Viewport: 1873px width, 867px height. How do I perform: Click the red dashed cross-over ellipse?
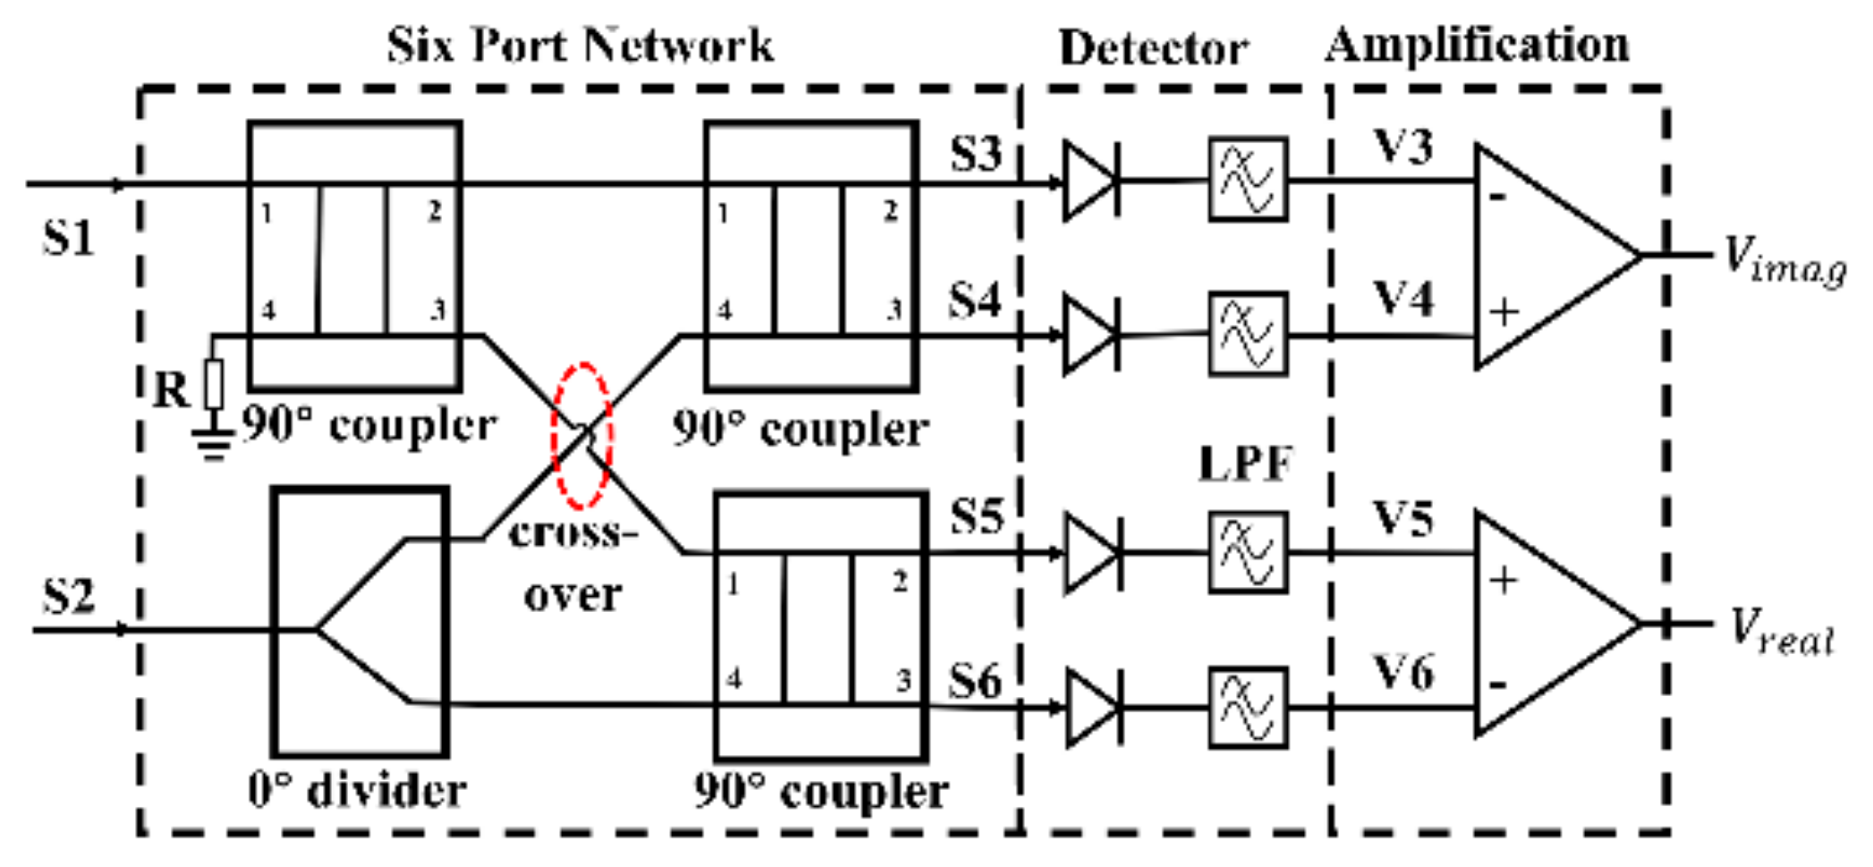pos(582,436)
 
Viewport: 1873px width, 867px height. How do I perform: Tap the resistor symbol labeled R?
pos(214,385)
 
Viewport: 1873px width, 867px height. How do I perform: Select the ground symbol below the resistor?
pos(213,443)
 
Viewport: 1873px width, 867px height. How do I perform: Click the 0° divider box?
pos(360,622)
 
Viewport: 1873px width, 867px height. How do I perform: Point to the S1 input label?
pos(68,239)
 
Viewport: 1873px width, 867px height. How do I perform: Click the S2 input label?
pos(68,595)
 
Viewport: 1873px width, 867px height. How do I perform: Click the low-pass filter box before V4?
pos(1248,334)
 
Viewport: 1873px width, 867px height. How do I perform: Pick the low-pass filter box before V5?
pos(1248,552)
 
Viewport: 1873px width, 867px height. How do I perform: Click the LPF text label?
pos(1246,463)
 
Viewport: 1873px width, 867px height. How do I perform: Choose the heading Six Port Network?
pos(580,45)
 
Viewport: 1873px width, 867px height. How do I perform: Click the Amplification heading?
pos(1477,45)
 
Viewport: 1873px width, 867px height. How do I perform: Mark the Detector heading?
pos(1153,47)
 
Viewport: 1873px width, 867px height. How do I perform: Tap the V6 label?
pos(1403,673)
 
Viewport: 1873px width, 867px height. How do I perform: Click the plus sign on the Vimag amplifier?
pos(1504,312)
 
